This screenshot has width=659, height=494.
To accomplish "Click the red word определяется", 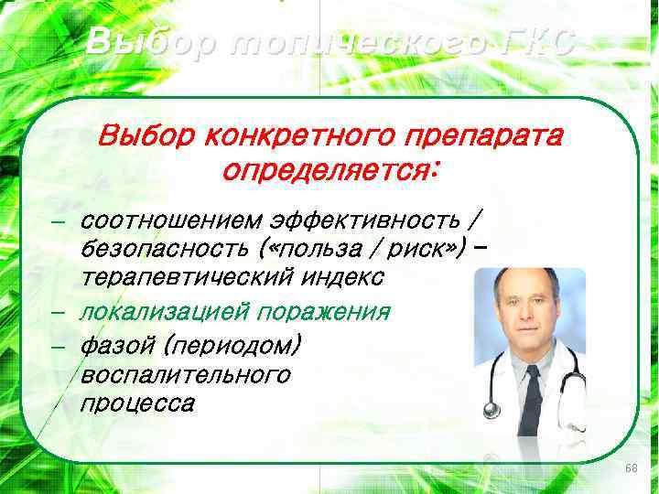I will (329, 170).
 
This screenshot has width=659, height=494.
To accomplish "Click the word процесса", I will (136, 403).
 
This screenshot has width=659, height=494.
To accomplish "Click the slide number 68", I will (631, 468).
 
